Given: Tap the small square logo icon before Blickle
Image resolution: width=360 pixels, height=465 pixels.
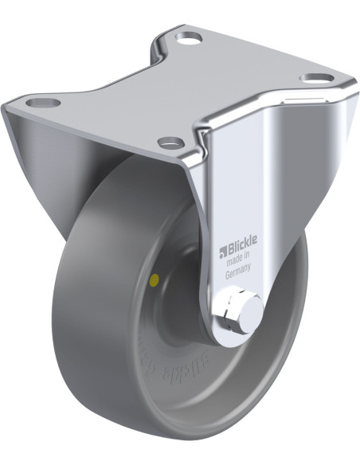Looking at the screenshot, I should tap(222, 248).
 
